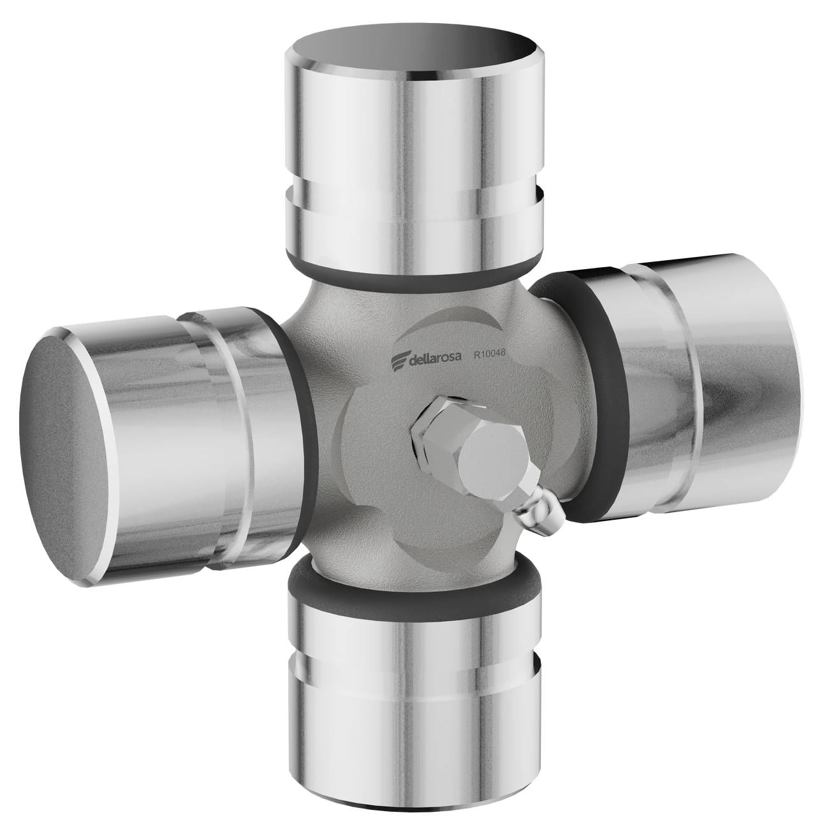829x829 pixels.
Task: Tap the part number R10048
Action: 488,354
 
